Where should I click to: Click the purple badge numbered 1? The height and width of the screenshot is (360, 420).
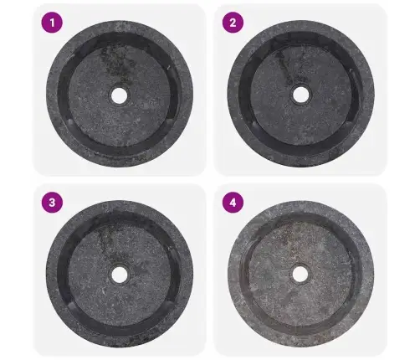[x=52, y=23]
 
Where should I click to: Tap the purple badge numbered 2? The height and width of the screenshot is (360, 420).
[x=233, y=23]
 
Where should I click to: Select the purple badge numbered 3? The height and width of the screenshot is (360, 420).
[x=52, y=203]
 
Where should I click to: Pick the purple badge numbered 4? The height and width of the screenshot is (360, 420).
[x=233, y=203]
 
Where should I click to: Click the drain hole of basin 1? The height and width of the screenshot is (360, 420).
[x=119, y=95]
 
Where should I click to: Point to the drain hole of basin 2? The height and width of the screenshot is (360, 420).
[x=300, y=95]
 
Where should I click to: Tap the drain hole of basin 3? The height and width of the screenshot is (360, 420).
[x=120, y=275]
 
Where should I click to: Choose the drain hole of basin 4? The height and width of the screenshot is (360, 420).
[x=300, y=274]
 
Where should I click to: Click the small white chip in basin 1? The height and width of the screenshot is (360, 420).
[x=168, y=67]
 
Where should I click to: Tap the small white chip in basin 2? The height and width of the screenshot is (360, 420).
[x=350, y=69]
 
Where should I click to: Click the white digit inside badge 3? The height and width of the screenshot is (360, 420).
[x=52, y=203]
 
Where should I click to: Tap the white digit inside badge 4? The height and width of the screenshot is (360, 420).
[x=233, y=203]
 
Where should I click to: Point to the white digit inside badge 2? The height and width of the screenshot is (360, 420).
[x=233, y=23]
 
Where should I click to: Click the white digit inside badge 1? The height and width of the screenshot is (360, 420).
[x=52, y=23]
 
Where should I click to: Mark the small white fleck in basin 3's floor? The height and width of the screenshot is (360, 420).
[x=104, y=292]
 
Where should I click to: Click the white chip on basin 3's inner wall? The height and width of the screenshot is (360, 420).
[x=169, y=247]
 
